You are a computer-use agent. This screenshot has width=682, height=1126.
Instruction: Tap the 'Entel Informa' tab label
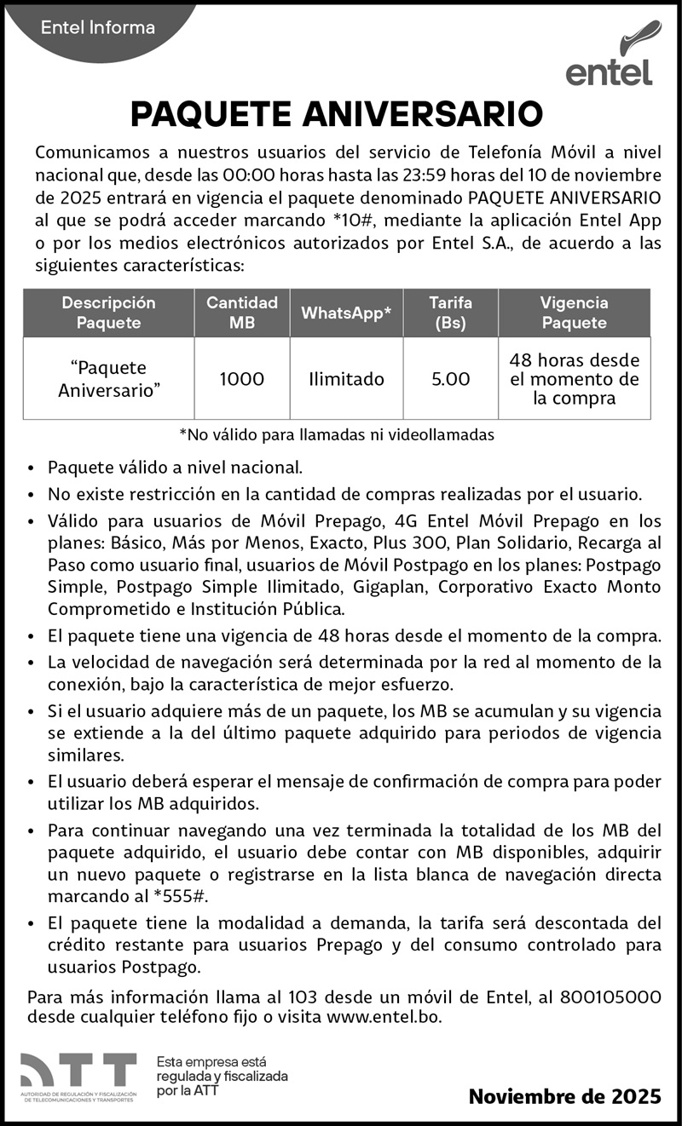[98, 27]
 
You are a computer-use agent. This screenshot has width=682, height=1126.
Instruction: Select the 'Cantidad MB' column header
[242, 313]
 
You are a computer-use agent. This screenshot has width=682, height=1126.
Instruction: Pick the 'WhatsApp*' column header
[346, 313]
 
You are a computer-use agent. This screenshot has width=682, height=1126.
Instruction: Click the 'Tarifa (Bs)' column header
[450, 313]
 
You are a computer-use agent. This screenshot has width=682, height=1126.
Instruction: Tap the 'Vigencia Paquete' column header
[574, 313]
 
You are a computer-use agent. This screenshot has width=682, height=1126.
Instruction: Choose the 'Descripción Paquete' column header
[108, 313]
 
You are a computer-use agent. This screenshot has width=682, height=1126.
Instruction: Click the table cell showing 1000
[242, 379]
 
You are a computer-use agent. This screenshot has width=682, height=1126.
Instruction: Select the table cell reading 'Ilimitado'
[346, 379]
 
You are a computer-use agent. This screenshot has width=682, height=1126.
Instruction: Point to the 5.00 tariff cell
[450, 379]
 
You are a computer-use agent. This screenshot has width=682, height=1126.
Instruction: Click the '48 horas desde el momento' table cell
[574, 379]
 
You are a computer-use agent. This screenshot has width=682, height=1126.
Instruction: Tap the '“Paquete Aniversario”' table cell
[108, 379]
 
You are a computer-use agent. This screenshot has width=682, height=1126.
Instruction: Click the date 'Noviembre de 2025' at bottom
[564, 1096]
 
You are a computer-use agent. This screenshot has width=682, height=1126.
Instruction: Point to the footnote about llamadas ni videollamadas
[337, 435]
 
